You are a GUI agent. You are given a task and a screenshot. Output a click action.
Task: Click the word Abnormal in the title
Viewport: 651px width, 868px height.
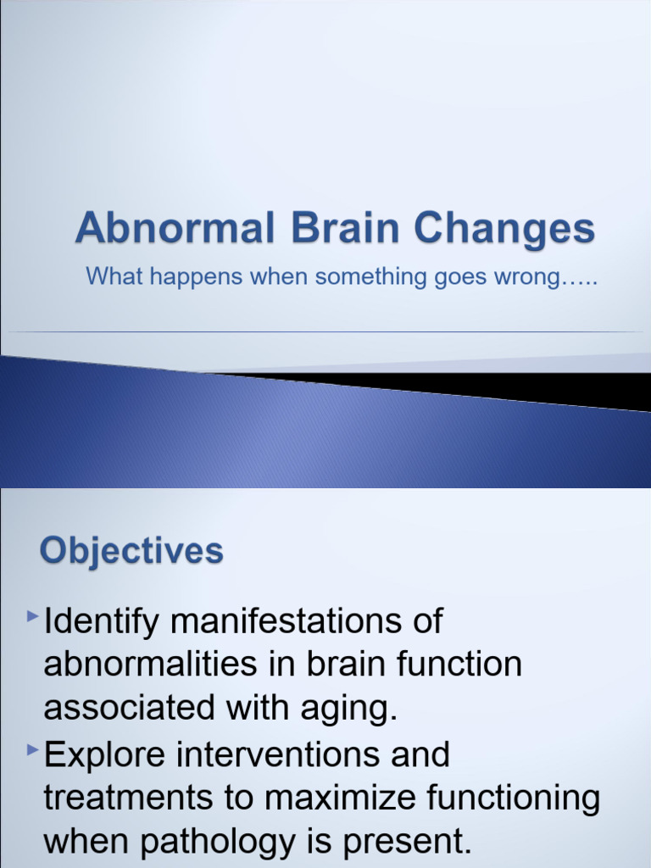click(175, 227)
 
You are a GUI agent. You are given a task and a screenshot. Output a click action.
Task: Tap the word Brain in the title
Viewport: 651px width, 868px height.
click(344, 227)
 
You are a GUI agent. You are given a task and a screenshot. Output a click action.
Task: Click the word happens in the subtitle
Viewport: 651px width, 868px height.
click(196, 277)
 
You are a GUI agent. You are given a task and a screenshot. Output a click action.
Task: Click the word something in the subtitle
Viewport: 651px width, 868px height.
click(370, 277)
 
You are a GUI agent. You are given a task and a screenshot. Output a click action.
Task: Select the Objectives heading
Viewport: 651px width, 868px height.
click(131, 552)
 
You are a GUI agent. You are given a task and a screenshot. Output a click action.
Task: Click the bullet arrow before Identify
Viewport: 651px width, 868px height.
click(33, 615)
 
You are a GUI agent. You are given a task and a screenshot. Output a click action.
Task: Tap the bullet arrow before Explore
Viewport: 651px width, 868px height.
click(33, 750)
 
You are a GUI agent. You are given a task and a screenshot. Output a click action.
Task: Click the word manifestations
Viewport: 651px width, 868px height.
click(287, 620)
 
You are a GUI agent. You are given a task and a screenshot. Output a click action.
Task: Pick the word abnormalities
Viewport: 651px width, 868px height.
click(150, 664)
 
